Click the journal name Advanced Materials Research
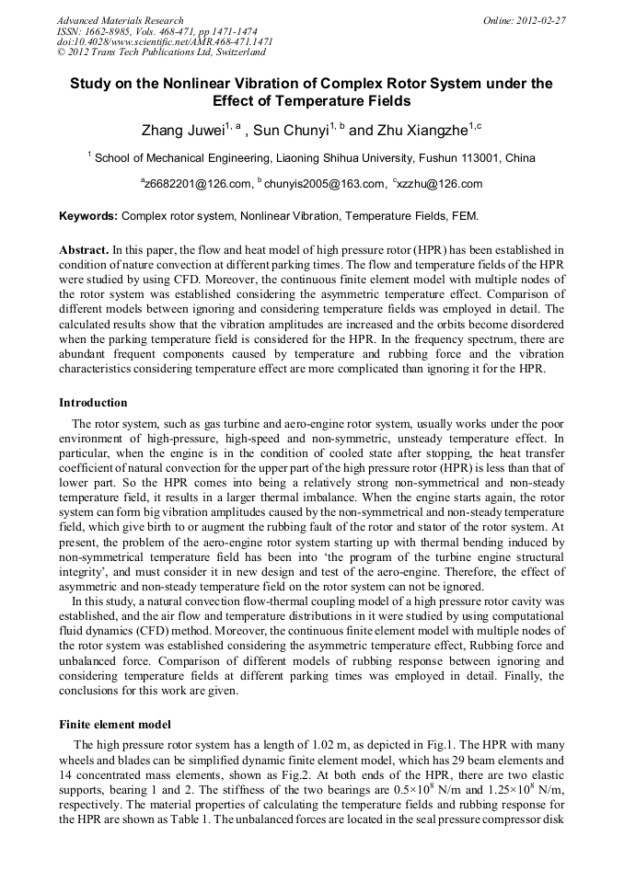tap(120, 20)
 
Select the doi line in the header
tap(165, 42)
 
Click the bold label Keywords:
tap(88, 216)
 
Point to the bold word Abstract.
tap(84, 250)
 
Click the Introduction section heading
tap(93, 403)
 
